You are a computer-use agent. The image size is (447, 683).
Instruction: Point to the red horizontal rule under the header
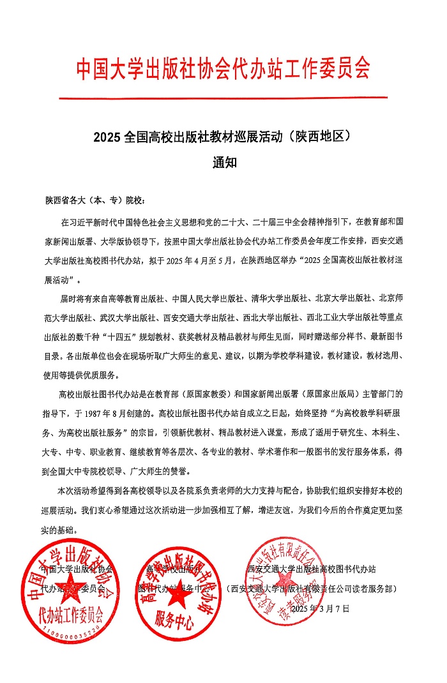pos(223,98)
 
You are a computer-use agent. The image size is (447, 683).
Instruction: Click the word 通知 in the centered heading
pos(224,162)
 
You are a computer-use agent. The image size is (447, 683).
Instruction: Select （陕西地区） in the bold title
pos(319,137)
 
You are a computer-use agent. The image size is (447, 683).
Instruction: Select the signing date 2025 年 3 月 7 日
pos(320,608)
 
